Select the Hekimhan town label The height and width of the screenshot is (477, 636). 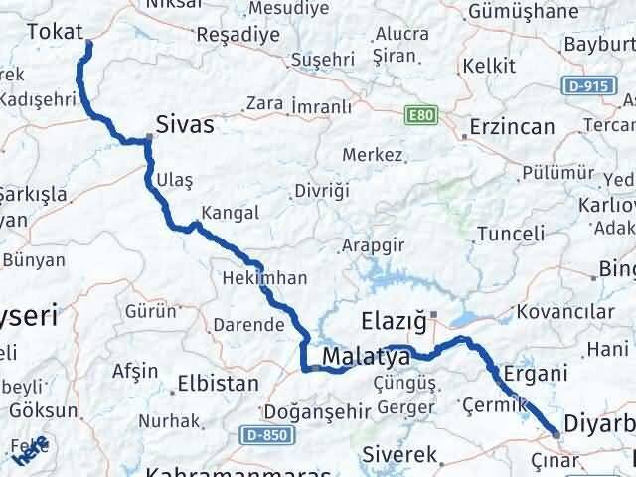click(x=265, y=279)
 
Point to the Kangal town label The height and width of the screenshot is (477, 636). click(x=230, y=213)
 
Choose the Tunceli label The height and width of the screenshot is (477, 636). click(x=511, y=234)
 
